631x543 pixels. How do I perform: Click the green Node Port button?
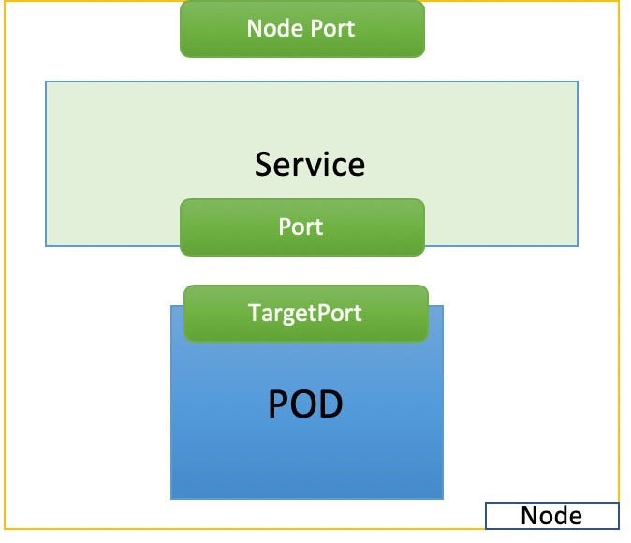coord(301,28)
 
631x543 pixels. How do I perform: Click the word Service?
coord(309,165)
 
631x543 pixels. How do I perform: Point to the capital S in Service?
coord(264,165)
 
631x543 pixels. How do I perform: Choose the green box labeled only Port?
coord(301,227)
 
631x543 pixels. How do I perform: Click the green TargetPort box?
coord(305,313)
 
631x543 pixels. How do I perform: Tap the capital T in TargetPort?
coord(254,313)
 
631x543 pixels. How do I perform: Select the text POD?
coord(305,404)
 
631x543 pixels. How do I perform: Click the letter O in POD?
coord(305,404)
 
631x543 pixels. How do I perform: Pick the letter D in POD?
coord(330,404)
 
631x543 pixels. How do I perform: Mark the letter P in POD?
coord(280,404)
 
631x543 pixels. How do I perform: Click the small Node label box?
coord(551,516)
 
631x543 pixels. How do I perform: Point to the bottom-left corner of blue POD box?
coord(171,498)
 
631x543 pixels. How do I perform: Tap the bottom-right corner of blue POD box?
coord(442,498)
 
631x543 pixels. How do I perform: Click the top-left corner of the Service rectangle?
coord(46,81)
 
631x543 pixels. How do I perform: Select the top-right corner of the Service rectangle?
coord(578,81)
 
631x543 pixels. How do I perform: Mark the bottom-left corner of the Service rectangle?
coord(46,245)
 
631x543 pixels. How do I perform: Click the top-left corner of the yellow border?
coord(3,3)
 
